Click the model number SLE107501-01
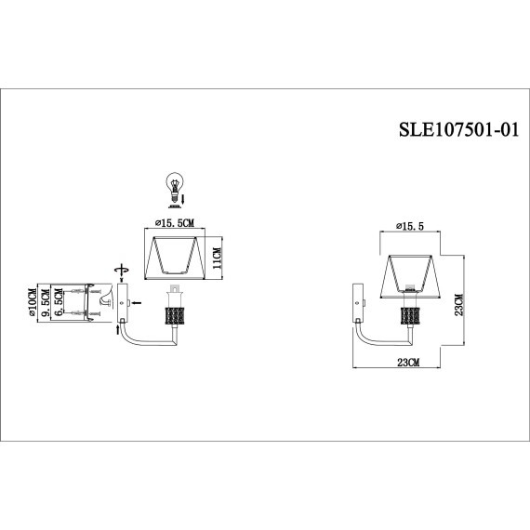tap(450, 130)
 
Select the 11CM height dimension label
tap(217, 252)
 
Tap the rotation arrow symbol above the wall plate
tap(118, 270)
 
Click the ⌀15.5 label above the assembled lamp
tap(410, 226)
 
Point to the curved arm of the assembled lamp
tap(372, 333)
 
